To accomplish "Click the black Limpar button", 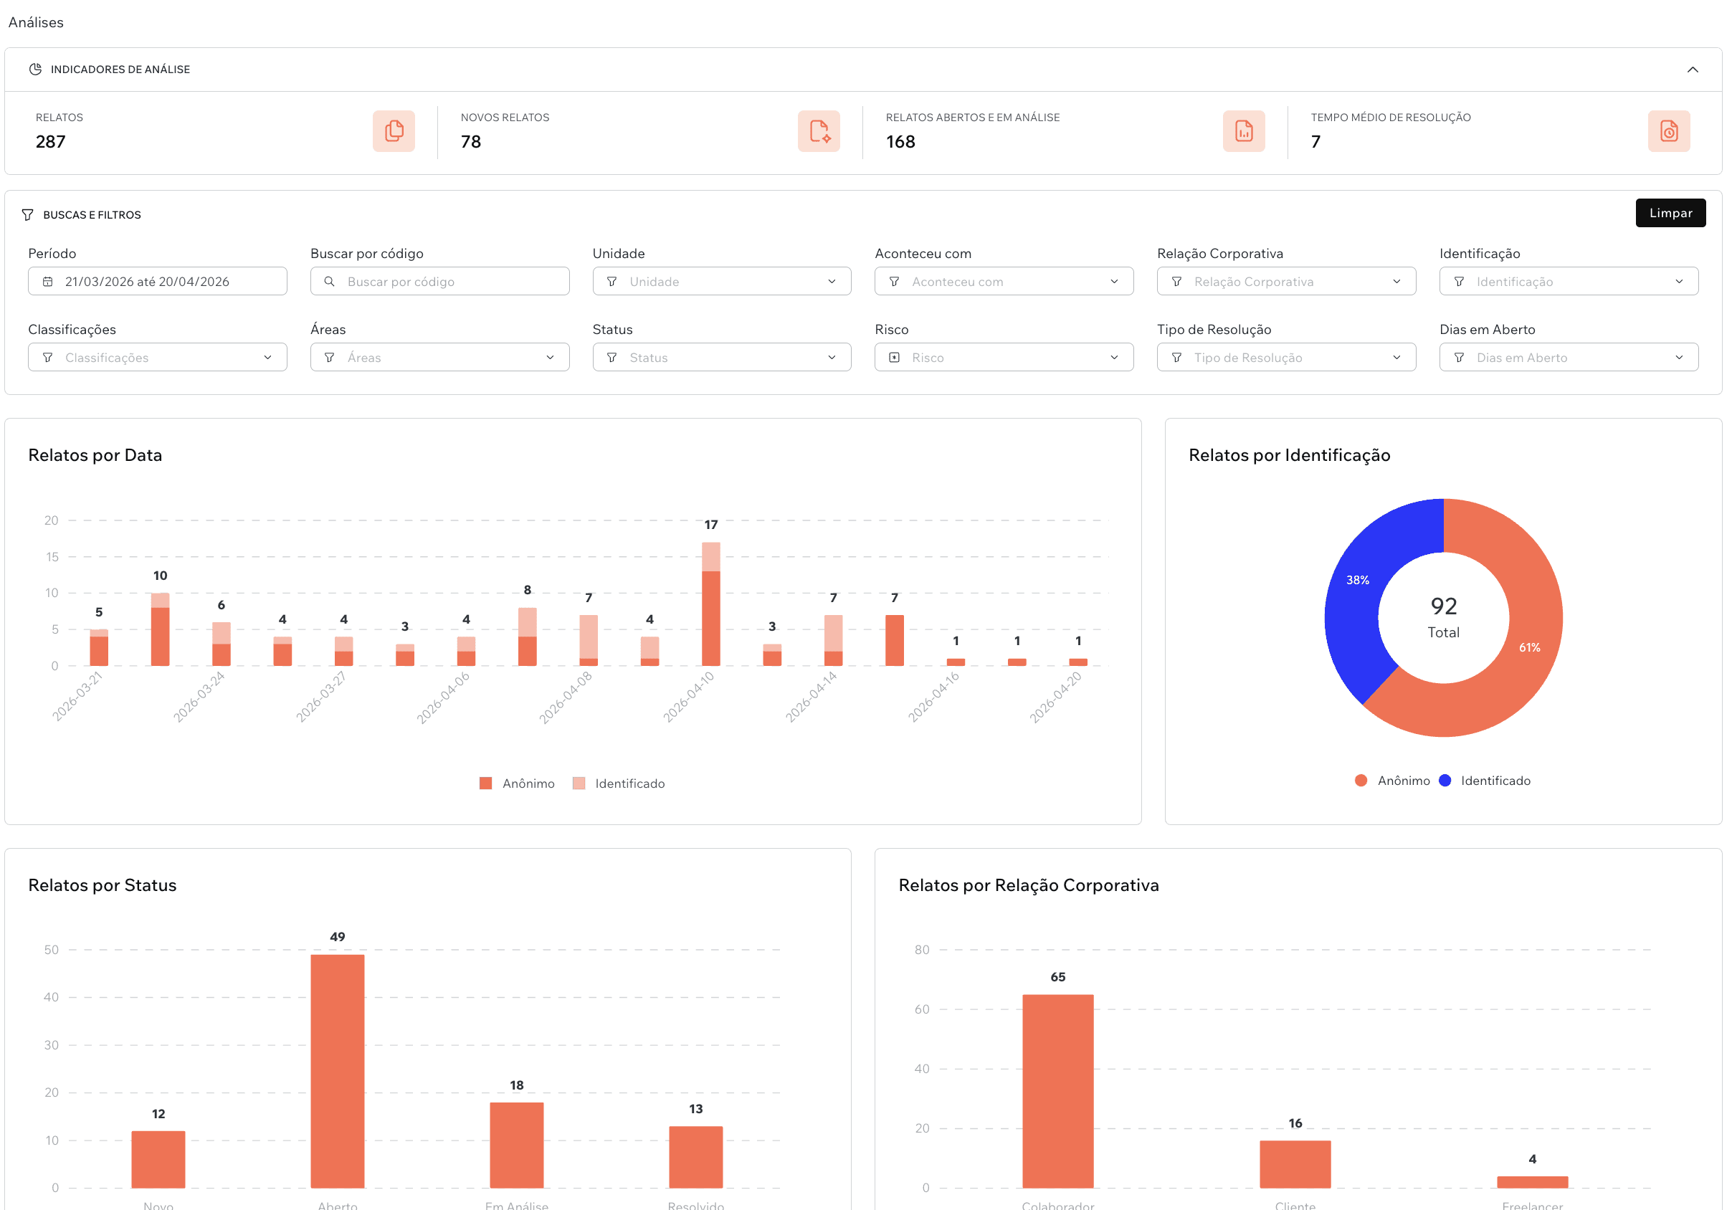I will (1670, 213).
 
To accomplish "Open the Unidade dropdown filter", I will (721, 282).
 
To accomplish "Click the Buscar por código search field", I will (439, 282).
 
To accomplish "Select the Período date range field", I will (157, 282).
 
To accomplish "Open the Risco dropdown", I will (1004, 358).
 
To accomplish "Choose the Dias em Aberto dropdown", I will (1568, 358).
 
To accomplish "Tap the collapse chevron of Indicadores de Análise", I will (1692, 70).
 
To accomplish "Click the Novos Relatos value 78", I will (471, 142).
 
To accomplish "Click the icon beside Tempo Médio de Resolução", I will (1668, 131).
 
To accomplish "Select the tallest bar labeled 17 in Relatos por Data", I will (710, 604).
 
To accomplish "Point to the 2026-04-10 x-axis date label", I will (688, 697).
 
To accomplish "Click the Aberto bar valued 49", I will (337, 1071).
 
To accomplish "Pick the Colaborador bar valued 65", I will (1057, 1091).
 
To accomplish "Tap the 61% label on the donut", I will (1529, 647).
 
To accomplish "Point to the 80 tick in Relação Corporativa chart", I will (921, 950).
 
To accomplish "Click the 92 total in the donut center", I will (1443, 606).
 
